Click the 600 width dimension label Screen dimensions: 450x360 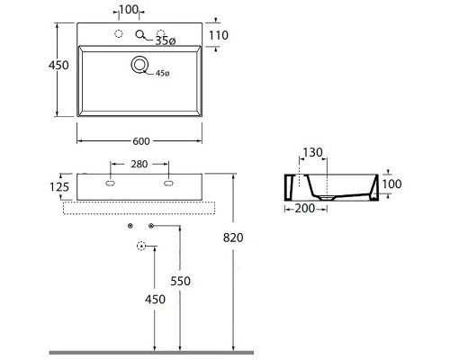tap(141, 141)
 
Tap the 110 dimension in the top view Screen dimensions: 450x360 tap(219, 35)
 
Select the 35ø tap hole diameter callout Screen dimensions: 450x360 tap(166, 40)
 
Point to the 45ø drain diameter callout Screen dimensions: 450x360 tap(162, 73)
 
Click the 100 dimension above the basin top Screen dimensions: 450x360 tap(129, 10)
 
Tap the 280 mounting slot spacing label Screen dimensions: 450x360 tap(139, 164)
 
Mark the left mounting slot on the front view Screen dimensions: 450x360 tap(110, 184)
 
